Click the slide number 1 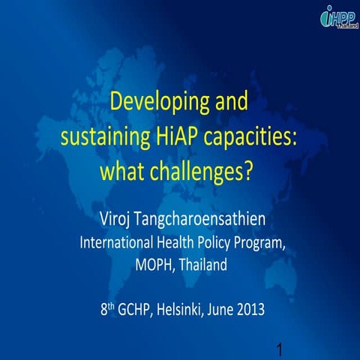(279, 349)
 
